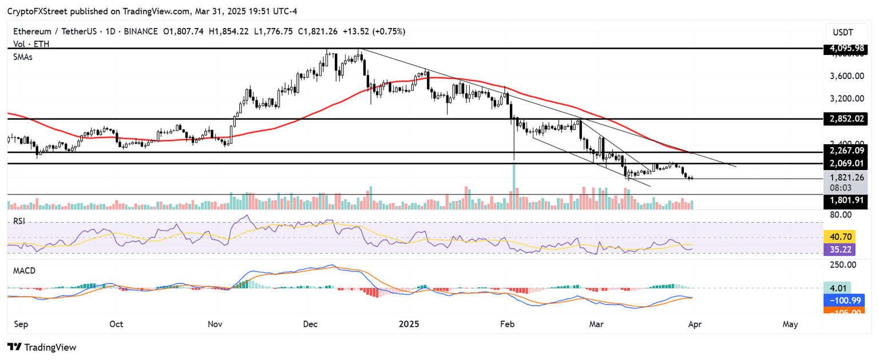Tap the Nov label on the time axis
click(215, 324)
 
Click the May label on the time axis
click(790, 324)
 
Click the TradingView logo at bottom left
click(41, 347)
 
